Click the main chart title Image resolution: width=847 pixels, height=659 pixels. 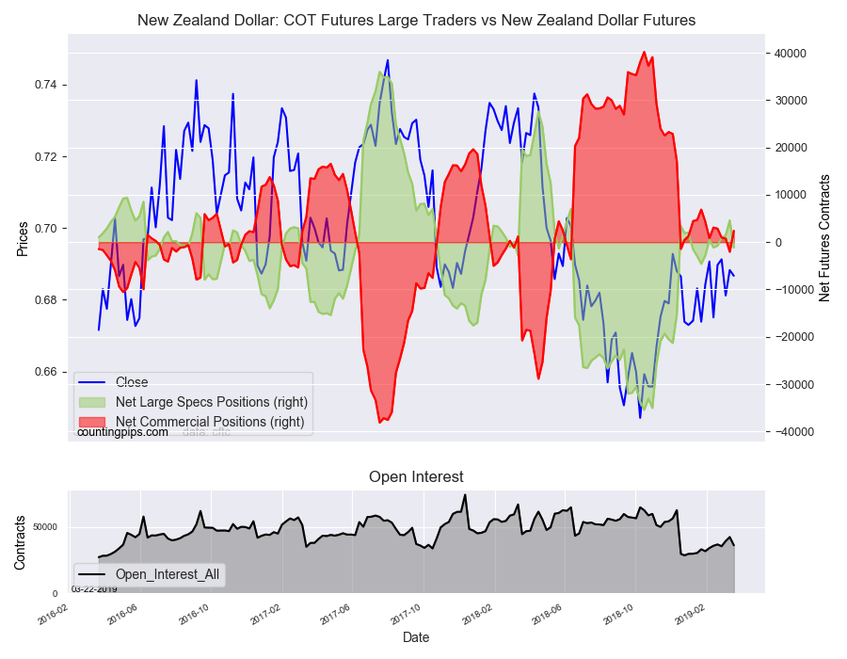416,20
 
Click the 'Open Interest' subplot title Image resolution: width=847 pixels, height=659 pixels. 416,477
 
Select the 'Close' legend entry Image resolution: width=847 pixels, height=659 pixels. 131,382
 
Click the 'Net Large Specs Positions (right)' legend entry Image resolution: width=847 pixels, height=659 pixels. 211,402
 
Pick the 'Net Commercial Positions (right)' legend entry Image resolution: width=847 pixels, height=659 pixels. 209,422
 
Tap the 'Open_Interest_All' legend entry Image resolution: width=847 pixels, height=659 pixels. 168,574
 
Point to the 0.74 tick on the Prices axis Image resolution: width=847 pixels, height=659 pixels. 46,85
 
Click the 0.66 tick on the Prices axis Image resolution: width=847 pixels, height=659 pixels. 46,372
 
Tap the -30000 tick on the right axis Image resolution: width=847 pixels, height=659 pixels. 791,384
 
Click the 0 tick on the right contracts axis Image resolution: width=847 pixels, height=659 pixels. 776,243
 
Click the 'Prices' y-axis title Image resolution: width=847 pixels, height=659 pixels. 23,240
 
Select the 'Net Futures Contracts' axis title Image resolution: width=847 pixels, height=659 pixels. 825,237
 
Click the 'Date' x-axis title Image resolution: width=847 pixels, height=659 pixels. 416,637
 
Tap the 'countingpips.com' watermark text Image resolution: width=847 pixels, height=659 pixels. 122,432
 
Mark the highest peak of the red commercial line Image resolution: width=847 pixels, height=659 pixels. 645,53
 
